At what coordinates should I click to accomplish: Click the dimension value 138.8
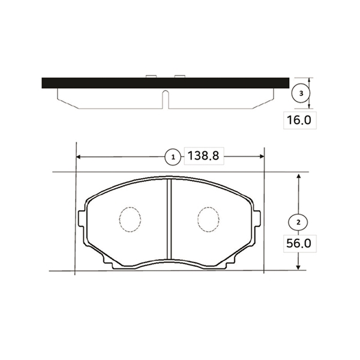tap(203, 155)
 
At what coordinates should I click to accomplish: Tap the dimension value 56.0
tap(299, 244)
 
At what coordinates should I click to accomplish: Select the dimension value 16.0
tap(299, 120)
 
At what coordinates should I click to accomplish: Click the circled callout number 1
tap(173, 157)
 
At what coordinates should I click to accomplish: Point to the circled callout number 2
tap(298, 222)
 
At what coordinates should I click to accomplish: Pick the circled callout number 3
tap(301, 93)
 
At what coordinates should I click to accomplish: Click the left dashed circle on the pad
tap(130, 219)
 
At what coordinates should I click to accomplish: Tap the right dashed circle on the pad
tap(208, 220)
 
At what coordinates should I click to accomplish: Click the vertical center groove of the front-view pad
tap(169, 219)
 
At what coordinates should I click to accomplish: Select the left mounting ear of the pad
tap(82, 218)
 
